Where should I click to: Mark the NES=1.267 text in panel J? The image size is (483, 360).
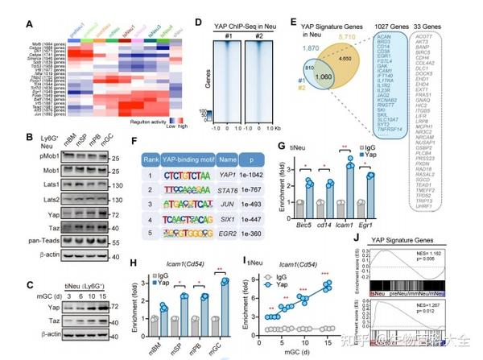point(456,306)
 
